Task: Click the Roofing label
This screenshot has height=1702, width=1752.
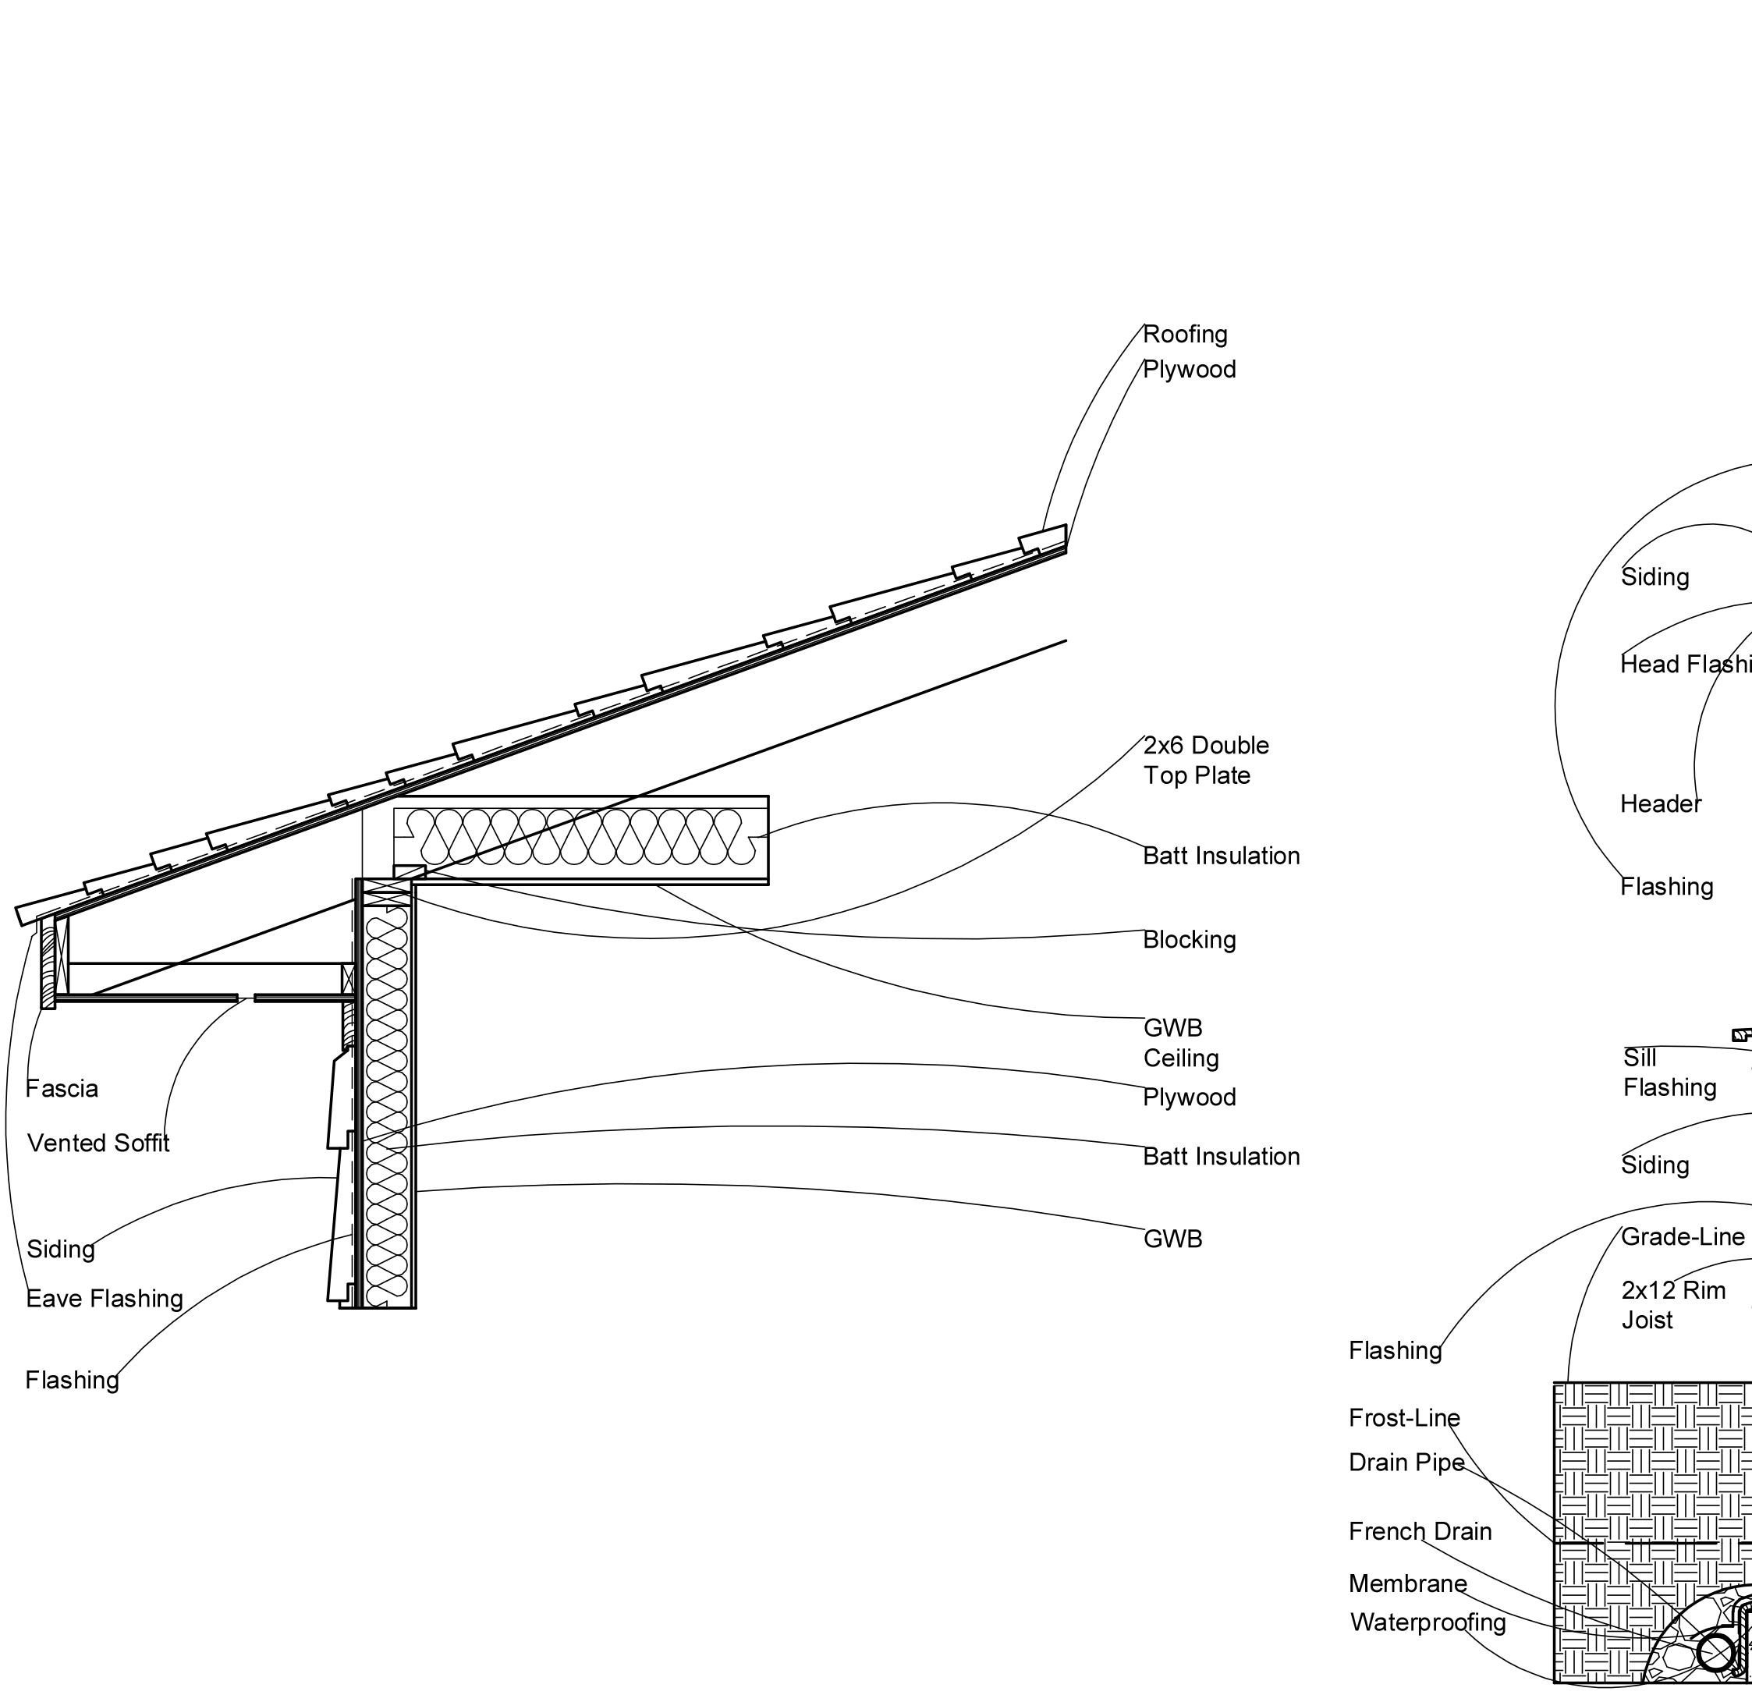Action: click(1184, 335)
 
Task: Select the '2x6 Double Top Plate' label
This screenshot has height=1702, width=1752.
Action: click(1206, 760)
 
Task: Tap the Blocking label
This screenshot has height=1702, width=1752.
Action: click(1189, 939)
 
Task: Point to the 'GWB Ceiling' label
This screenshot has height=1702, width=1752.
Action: click(1180, 1042)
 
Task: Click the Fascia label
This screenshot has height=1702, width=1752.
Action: click(62, 1089)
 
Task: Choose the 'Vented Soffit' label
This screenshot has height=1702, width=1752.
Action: click(98, 1144)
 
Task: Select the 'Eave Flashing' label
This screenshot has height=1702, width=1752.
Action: click(105, 1299)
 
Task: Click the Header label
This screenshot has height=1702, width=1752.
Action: click(1660, 804)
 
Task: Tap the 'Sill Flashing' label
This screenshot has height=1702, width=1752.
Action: click(1669, 1073)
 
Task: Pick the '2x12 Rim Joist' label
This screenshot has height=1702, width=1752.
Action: click(1672, 1305)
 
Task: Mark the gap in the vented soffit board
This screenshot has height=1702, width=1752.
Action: click(246, 998)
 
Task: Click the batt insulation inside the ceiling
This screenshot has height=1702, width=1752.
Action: click(581, 837)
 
